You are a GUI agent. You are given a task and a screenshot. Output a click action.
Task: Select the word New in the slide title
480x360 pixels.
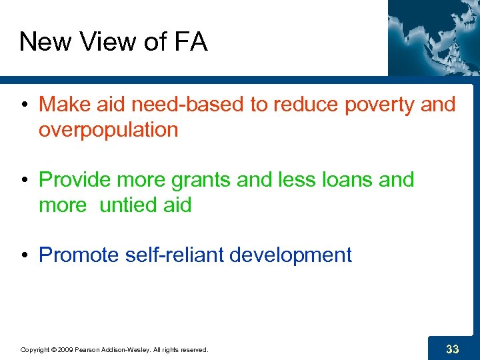point(45,43)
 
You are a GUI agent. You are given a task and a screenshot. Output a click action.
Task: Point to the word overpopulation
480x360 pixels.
point(109,129)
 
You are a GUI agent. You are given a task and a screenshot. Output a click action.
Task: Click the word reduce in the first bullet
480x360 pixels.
point(289,105)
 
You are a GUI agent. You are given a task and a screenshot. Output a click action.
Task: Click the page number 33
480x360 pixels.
point(452,348)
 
